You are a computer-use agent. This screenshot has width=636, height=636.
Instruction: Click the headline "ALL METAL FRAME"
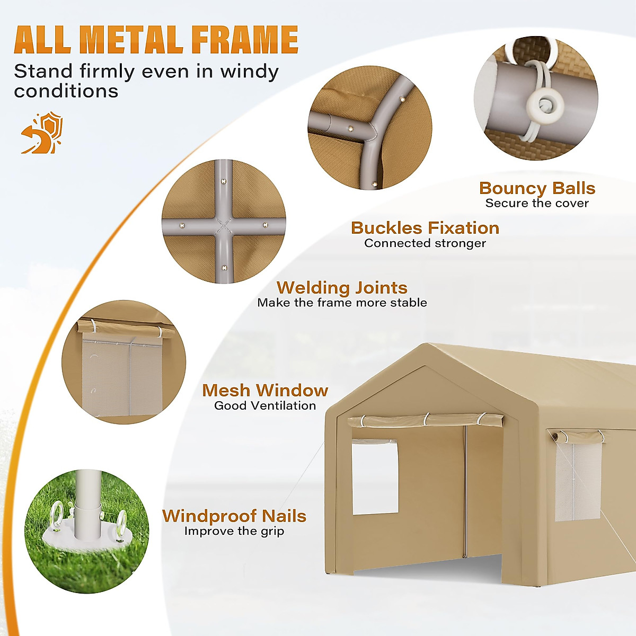coord(156,40)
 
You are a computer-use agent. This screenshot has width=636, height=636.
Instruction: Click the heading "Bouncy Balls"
coord(537,188)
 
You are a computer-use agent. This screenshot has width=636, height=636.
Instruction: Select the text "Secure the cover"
coord(537,204)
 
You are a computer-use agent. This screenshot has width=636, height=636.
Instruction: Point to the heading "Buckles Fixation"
coord(425,228)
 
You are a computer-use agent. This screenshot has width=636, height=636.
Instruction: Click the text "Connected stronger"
coord(425,243)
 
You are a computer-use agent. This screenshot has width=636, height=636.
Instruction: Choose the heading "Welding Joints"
coord(342,288)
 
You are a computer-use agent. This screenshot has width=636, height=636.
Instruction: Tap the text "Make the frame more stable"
coord(342,303)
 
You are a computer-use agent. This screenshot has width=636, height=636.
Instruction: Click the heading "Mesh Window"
coord(265,391)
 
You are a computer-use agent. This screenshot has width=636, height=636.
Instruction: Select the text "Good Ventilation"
coord(265,406)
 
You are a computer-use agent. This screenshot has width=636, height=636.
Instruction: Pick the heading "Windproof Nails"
coord(234,516)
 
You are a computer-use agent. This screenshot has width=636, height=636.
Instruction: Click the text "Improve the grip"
coord(234,531)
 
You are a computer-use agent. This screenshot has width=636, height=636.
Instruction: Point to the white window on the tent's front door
coord(375,477)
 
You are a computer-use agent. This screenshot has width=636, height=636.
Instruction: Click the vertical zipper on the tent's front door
coord(465,493)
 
